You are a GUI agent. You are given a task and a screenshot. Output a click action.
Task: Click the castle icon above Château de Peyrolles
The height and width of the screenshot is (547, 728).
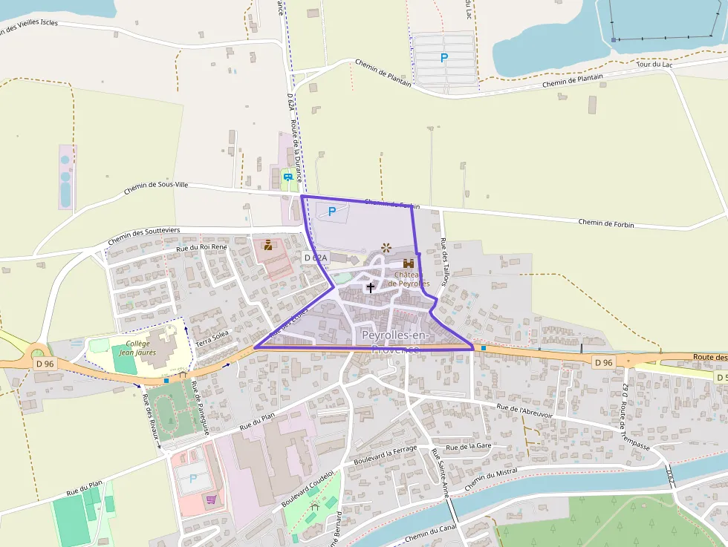point(408,263)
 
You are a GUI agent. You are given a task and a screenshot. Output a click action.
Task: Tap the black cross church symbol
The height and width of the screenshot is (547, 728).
point(370,287)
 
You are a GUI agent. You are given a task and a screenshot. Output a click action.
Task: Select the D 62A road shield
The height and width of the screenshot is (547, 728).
point(315,258)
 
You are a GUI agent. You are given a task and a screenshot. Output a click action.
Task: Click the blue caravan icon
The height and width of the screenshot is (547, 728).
point(287,177)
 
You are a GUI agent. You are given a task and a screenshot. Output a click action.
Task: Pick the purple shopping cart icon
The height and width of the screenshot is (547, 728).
point(212,499)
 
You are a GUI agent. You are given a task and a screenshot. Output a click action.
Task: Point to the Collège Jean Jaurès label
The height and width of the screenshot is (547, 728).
point(137,349)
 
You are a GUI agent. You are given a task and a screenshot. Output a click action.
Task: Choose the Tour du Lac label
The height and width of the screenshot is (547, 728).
point(654,65)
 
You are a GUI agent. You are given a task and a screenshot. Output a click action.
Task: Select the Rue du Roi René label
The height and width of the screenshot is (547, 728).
point(201,247)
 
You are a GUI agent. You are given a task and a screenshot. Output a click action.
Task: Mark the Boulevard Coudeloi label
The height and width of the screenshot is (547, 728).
point(308,489)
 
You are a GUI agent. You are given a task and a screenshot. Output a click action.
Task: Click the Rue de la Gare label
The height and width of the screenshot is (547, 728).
point(469,447)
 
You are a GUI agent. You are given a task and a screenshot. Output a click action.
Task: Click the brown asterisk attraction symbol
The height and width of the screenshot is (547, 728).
point(386,247)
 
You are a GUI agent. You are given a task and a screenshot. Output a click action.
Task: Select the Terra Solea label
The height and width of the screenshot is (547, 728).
point(212,338)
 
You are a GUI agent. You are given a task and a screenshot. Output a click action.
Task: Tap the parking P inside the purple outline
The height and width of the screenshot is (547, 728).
point(332,212)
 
